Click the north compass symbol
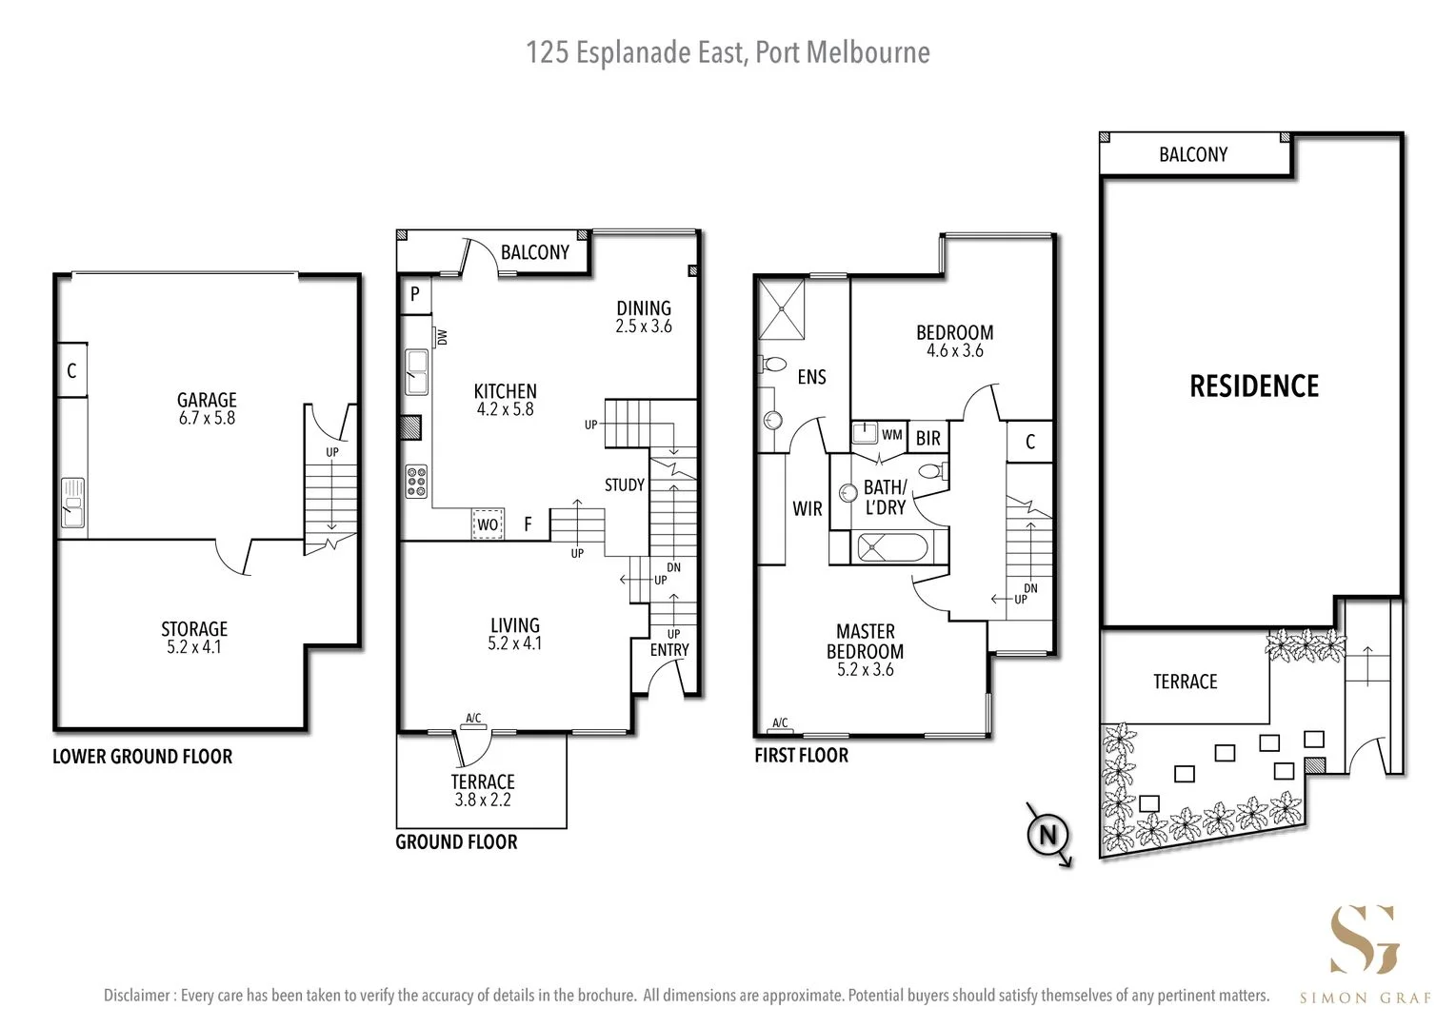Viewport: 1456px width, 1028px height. tap(1048, 835)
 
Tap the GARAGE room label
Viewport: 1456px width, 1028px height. tap(207, 401)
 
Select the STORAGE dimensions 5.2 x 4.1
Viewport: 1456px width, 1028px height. tap(194, 647)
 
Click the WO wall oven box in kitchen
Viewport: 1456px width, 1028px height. tap(488, 524)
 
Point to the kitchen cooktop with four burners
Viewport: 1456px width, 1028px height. tap(416, 481)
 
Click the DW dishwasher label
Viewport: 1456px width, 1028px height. tap(443, 337)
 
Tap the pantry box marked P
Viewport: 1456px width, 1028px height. tap(415, 295)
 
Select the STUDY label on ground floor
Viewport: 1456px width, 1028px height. tap(625, 484)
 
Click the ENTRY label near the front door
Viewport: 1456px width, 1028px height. tap(669, 650)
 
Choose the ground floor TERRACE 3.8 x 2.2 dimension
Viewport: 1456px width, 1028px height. tap(483, 801)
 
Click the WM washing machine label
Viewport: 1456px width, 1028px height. tap(891, 435)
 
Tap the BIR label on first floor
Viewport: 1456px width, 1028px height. tap(928, 438)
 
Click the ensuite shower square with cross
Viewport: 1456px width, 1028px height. tap(781, 306)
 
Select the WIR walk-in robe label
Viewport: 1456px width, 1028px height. tap(807, 509)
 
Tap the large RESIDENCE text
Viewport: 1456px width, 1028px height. tap(1254, 385)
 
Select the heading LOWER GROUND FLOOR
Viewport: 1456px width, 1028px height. tap(142, 757)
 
